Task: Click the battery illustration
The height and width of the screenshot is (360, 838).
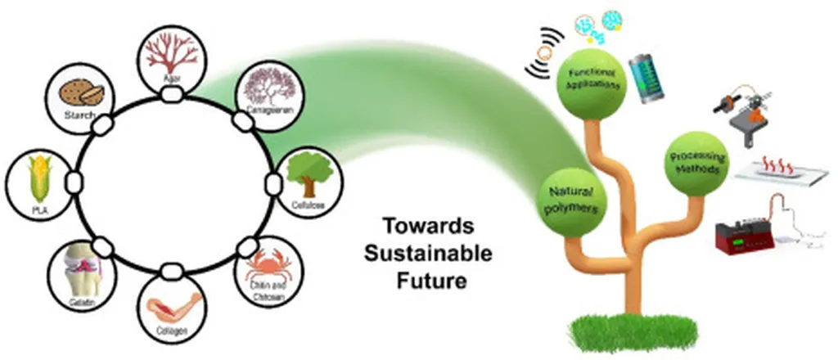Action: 647,77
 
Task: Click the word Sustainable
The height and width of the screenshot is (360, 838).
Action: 430,253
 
